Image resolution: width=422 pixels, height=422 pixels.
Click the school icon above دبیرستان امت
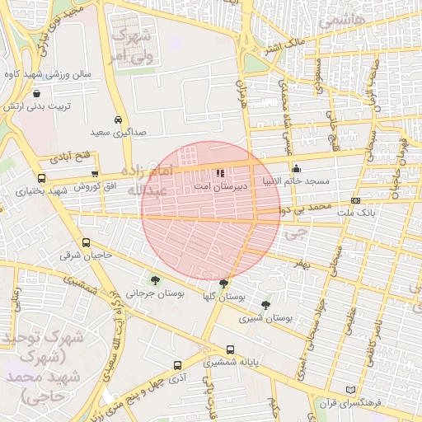[x=220, y=173]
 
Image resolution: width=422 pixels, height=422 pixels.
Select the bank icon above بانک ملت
[x=355, y=200]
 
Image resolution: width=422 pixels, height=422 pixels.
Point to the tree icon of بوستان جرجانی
[x=155, y=280]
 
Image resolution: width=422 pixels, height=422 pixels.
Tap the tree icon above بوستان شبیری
[x=265, y=304]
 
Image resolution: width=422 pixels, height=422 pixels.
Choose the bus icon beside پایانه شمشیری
[x=230, y=349]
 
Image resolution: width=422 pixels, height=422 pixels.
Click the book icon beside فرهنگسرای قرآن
[x=350, y=389]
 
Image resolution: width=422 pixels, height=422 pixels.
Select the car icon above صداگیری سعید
[x=120, y=119]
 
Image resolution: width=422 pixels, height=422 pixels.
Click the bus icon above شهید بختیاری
[x=41, y=178]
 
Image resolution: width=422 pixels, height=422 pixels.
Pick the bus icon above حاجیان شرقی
[x=87, y=242]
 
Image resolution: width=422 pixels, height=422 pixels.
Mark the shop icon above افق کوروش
[x=96, y=174]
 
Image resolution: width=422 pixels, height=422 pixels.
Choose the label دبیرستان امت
[x=218, y=187]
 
